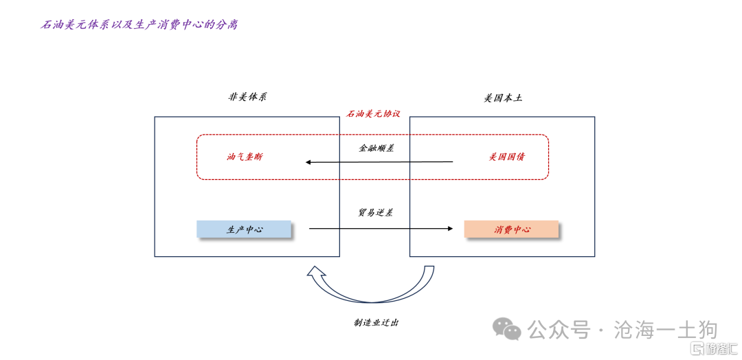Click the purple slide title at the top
click(x=139, y=25)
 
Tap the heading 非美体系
click(x=245, y=98)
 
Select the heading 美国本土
click(x=502, y=98)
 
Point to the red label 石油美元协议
click(x=374, y=113)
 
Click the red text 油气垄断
click(x=245, y=157)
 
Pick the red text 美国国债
click(x=507, y=157)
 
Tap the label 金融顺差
click(x=376, y=148)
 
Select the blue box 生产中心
click(x=244, y=229)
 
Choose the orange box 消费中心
click(x=512, y=229)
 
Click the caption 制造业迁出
click(x=376, y=323)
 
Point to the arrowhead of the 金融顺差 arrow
click(x=308, y=162)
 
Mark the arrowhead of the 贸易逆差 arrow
click(x=451, y=229)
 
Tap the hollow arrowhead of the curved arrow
click(x=316, y=272)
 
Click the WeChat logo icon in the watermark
click(x=507, y=329)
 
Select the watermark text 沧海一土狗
click(x=665, y=330)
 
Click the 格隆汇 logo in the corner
click(x=713, y=348)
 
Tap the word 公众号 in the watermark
click(x=559, y=330)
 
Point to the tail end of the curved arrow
click(x=429, y=267)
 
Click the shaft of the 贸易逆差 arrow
click(x=379, y=229)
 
